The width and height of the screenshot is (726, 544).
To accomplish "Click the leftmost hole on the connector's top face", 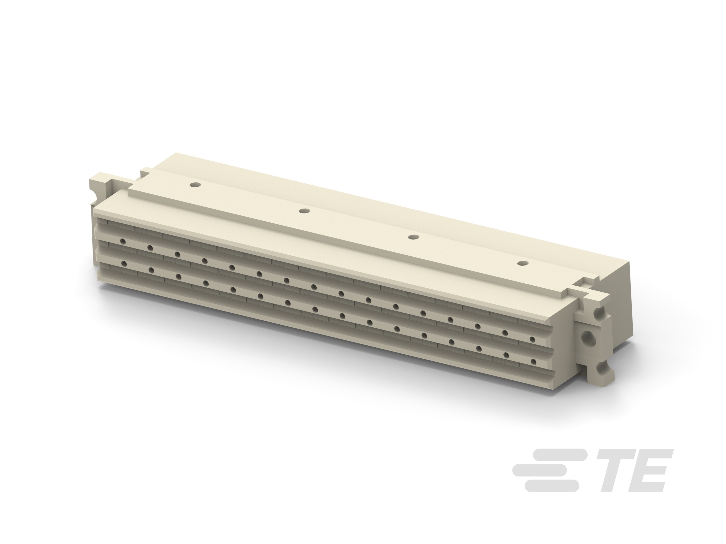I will click(x=196, y=185).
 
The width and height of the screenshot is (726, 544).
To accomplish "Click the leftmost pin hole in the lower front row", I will click(x=124, y=264).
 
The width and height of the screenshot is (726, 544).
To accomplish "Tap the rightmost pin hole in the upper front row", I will click(x=532, y=339).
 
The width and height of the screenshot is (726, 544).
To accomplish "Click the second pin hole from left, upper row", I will click(x=150, y=248).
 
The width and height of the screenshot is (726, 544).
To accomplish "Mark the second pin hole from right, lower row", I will click(x=506, y=355).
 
